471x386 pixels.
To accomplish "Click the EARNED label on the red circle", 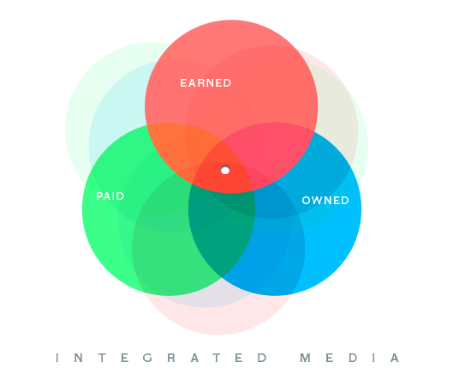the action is click(206, 83).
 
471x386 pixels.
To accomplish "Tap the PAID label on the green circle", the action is click(110, 196).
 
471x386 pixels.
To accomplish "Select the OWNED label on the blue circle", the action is click(325, 201).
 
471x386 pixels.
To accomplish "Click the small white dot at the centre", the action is click(225, 170).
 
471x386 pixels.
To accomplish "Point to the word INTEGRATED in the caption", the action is click(161, 358).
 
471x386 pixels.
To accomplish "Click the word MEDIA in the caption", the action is click(349, 358).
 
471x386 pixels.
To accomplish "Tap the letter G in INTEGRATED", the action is click(147, 358).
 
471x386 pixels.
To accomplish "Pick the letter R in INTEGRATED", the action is click(171, 358).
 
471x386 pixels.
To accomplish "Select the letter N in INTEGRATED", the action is click(79, 358).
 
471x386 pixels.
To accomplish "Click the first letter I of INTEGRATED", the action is click(57, 358).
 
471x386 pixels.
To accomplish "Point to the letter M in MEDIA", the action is click(305, 358).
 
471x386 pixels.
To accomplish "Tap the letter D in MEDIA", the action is click(353, 358).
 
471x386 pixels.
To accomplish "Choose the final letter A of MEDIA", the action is click(395, 358).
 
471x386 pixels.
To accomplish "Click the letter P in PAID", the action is click(99, 196).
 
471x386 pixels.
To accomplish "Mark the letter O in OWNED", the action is click(307, 201).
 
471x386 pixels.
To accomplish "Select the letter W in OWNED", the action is click(317, 201).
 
